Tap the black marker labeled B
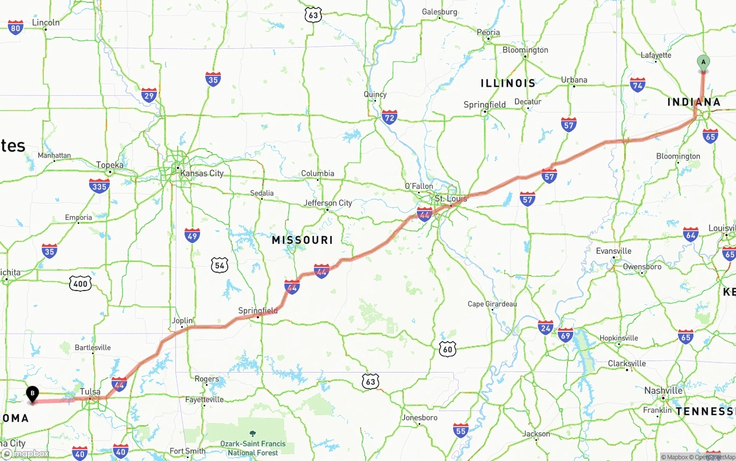pos(33,394)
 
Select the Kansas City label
pos(201,173)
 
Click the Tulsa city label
pos(90,392)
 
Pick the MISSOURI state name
pos(302,240)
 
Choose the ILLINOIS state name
pos(508,83)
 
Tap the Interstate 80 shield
pos(16,28)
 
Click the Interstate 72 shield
pos(389,118)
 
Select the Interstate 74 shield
pos(637,85)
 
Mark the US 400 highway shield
pos(80,283)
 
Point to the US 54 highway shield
pos(219,265)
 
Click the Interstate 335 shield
pos(99,185)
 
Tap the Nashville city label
pos(663,390)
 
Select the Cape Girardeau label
pos(492,304)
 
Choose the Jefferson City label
pos(328,203)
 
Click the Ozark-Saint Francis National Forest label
pos(253,448)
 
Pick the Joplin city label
pos(182,321)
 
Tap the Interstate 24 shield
pos(546,327)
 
